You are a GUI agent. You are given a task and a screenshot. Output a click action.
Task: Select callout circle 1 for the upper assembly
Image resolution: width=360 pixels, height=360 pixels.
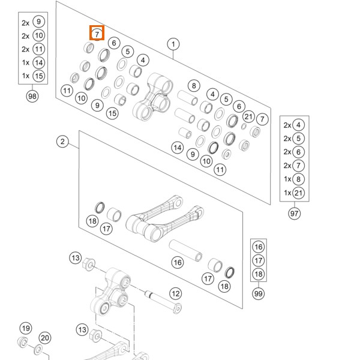click(173, 44)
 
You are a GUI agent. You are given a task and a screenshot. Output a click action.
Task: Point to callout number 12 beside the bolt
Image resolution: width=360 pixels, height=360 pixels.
click(175, 294)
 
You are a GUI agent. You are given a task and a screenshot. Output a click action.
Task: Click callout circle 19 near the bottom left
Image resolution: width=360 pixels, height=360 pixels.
click(25, 328)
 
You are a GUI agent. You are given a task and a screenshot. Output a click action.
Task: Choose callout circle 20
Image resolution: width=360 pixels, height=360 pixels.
click(45, 338)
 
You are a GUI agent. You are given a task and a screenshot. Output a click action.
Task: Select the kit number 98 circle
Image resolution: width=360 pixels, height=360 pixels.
click(32, 95)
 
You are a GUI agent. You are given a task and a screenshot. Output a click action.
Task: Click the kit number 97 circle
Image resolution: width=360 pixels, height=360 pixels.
click(294, 213)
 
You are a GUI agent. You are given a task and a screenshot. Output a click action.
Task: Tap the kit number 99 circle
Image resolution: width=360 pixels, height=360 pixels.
click(259, 293)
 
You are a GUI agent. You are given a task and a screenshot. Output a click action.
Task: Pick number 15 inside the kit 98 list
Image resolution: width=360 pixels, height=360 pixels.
click(39, 76)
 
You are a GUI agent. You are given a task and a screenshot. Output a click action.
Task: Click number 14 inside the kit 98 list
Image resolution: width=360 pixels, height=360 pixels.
click(39, 62)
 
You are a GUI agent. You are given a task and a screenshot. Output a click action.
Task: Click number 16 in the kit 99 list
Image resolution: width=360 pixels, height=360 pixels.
click(259, 247)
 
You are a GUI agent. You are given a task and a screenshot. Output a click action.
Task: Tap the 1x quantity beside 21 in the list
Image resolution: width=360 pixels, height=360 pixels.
click(287, 193)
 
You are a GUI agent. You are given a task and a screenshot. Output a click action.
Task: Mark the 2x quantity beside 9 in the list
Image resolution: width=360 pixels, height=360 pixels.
click(25, 22)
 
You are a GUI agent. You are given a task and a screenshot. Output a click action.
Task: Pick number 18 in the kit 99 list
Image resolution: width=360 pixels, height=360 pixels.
click(259, 274)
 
